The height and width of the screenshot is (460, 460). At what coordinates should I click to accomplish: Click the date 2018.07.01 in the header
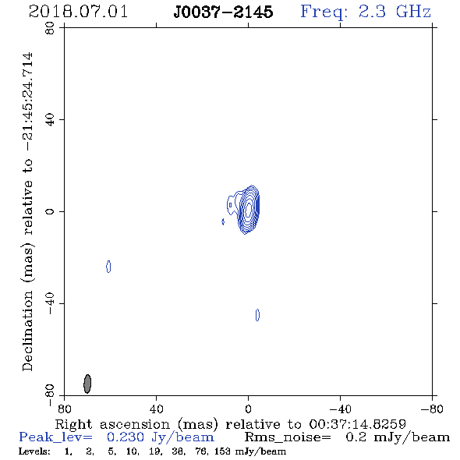(78, 12)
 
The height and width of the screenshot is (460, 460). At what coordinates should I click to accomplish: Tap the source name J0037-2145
(223, 12)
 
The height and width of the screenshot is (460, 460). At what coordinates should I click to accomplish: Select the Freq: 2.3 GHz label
(366, 12)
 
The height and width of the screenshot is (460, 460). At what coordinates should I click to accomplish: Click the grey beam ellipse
(87, 384)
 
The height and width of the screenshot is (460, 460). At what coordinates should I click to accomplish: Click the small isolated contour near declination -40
(257, 315)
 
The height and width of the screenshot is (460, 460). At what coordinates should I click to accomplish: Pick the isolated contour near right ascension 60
(108, 267)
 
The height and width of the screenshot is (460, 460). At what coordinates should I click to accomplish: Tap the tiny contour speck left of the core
(223, 221)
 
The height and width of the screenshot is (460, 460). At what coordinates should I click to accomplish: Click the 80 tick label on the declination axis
(50, 28)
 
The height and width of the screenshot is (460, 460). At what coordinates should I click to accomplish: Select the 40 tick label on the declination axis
(50, 120)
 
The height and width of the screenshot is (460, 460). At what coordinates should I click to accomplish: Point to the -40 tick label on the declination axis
(50, 303)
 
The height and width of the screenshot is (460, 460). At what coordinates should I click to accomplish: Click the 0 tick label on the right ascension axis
(248, 409)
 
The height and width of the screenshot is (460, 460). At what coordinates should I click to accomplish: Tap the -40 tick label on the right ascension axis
(340, 409)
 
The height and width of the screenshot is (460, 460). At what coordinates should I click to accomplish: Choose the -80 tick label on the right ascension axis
(432, 409)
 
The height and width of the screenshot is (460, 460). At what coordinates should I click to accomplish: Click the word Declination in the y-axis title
(27, 331)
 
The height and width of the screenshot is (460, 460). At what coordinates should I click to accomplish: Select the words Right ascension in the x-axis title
(112, 424)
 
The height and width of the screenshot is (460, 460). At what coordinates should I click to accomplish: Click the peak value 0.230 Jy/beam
(161, 437)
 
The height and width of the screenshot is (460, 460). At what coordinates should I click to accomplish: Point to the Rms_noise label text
(288, 437)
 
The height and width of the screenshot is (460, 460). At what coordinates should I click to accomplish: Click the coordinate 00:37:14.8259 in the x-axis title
(358, 424)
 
